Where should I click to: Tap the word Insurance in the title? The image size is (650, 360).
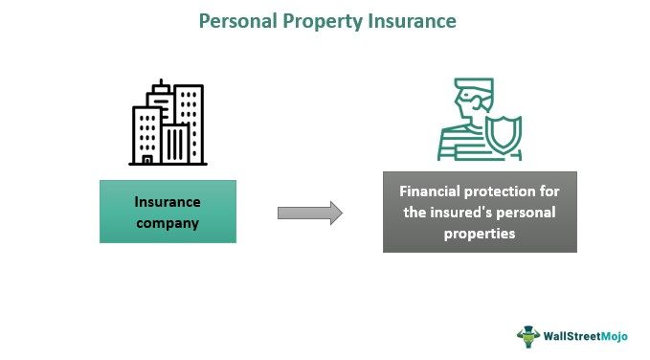point(409,19)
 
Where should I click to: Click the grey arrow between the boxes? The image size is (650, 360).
point(309,213)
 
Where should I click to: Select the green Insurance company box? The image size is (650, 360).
point(168,211)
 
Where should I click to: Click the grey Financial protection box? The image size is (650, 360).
point(480,212)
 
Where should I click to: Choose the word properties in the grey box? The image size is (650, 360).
point(480,233)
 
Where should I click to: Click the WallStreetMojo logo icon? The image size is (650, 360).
point(529,335)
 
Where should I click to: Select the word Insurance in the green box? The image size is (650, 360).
point(168,202)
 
